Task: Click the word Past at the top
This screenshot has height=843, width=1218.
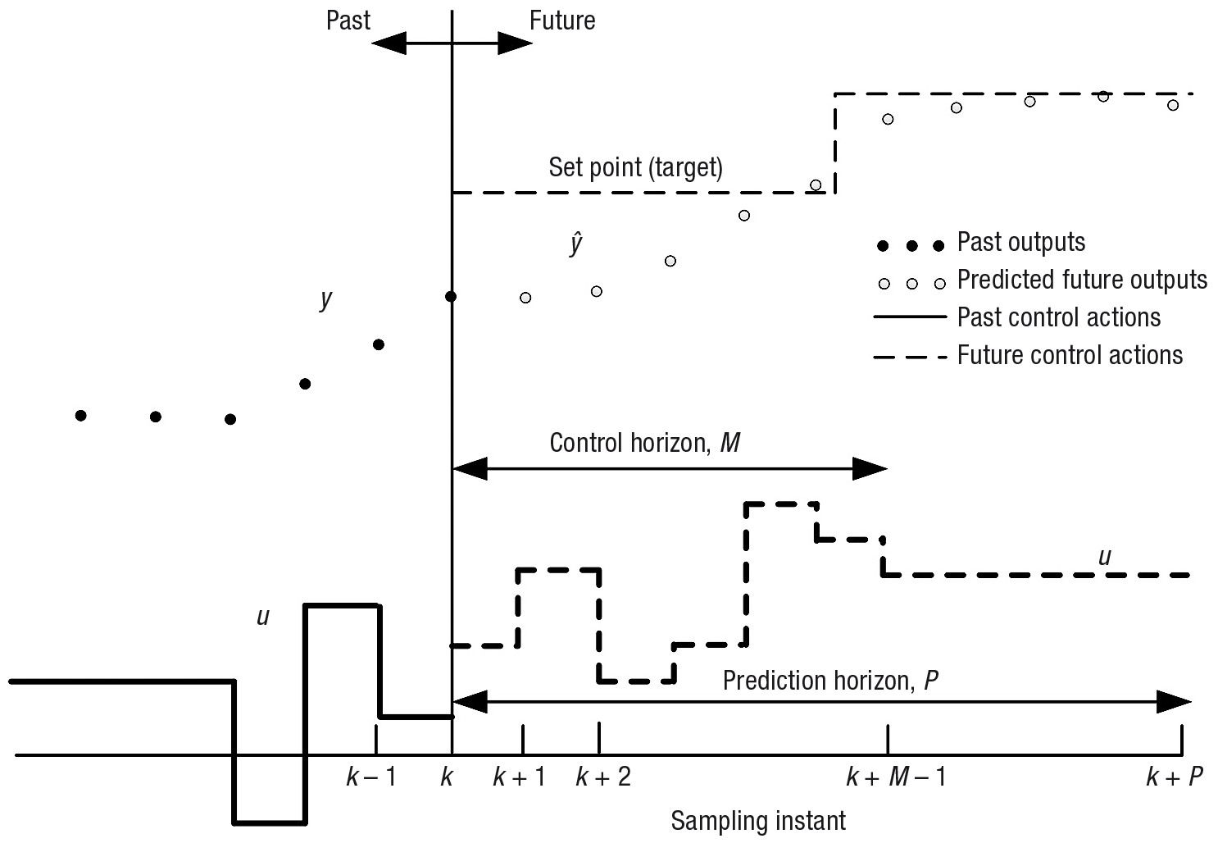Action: tap(348, 21)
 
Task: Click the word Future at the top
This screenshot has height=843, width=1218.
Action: tap(562, 21)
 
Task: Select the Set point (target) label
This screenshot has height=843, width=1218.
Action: tap(636, 167)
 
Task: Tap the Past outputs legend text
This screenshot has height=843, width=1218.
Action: tap(1021, 242)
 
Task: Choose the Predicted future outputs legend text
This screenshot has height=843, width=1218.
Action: tap(1082, 280)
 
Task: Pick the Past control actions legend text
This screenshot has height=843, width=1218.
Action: tap(1059, 317)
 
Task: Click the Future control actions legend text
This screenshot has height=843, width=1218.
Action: tap(1070, 355)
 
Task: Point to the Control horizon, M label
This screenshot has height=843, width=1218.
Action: tap(645, 444)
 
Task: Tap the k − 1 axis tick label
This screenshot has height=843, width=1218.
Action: tap(371, 777)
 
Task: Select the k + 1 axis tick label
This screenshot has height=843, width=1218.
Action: tap(520, 777)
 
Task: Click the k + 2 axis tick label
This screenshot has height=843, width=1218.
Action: tap(603, 777)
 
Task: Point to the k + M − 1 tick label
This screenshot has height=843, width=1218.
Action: tap(897, 777)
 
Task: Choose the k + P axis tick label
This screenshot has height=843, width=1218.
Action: tap(1175, 777)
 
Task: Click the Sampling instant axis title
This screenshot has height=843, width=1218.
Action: tap(758, 821)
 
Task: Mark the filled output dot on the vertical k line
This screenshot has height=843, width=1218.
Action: tap(451, 296)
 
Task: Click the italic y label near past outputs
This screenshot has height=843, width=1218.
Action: tap(325, 298)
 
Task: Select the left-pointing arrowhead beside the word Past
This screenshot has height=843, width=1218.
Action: tap(389, 43)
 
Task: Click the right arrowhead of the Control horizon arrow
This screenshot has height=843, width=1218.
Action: tap(870, 469)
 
